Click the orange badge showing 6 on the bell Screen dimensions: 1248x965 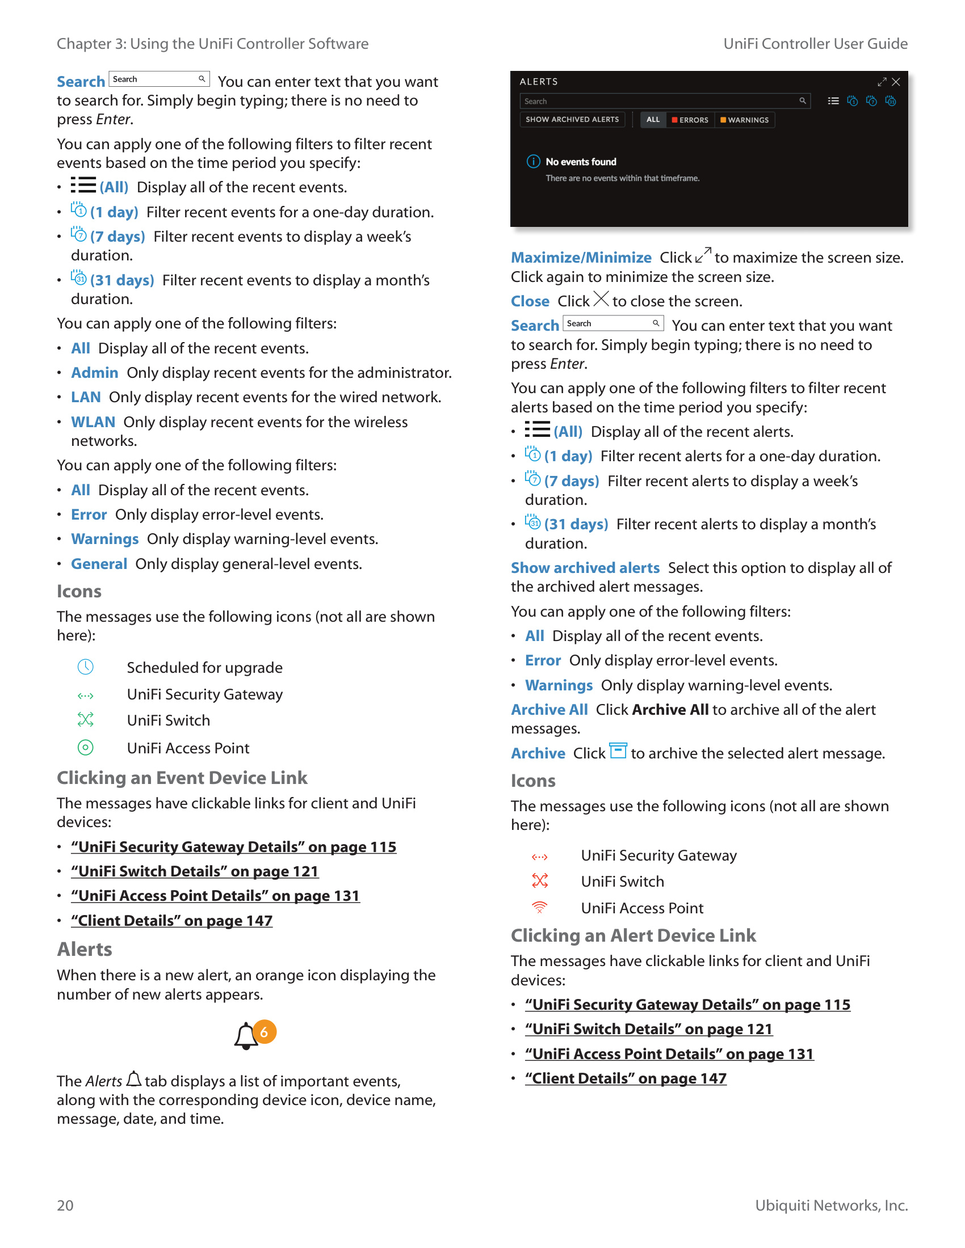pos(264,1032)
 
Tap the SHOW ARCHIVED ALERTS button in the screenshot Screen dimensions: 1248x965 pos(572,120)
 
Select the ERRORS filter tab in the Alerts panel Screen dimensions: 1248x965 pos(690,120)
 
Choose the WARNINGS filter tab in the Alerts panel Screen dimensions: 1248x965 pos(744,120)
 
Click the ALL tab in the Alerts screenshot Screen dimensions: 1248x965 pos(653,120)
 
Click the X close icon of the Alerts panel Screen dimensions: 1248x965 pos(896,82)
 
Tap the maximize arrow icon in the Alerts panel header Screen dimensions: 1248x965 pos(882,82)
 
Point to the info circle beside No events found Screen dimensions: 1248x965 pos(533,162)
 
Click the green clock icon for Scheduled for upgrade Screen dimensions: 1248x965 pos(85,667)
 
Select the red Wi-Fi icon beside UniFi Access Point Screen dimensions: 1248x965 pos(540,908)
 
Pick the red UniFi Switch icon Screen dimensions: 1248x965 pos(540,880)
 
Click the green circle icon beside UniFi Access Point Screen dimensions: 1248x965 pos(85,748)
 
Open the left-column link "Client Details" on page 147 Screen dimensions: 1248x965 pos(171,921)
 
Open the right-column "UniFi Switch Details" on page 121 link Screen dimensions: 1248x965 pos(648,1029)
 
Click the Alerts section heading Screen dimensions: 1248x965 pos(85,949)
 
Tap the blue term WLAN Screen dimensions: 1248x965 pos(93,421)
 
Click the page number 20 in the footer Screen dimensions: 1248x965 pos(65,1205)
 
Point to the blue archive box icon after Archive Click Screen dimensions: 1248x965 pos(618,751)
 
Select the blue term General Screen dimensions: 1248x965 pos(99,564)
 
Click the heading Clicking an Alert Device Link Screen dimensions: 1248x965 pos(633,935)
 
